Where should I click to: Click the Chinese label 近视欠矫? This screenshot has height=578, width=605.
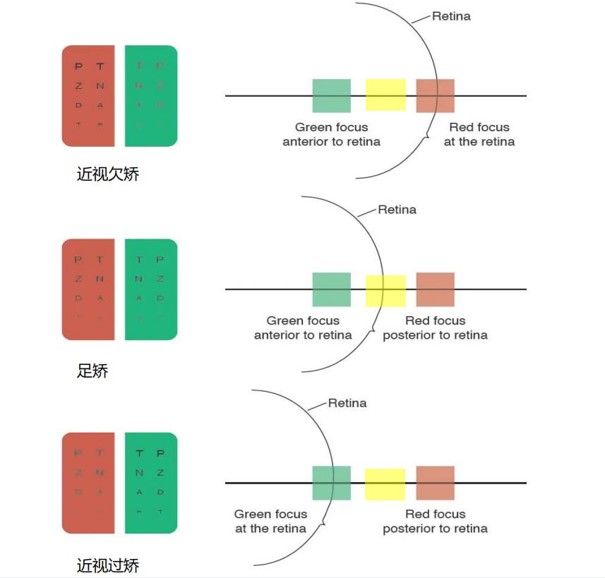pos(108,174)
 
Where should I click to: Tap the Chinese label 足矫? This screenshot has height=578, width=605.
pos(92,370)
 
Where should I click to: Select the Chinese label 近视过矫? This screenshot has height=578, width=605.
pos(108,565)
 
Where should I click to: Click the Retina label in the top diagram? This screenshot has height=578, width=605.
pos(450,16)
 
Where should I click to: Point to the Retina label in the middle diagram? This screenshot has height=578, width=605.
pos(397,210)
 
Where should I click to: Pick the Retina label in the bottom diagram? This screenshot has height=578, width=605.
pos(347,403)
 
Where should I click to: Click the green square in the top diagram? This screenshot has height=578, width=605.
pos(331,96)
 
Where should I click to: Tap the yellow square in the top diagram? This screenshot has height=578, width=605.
pos(385,95)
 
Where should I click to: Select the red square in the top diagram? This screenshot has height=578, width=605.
pos(435,96)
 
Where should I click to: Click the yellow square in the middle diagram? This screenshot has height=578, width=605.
pos(385,291)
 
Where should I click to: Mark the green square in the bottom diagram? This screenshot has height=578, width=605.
pos(331,483)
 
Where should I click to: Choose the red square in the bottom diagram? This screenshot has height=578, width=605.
pos(435,483)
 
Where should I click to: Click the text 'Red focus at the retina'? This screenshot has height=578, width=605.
pos(479,134)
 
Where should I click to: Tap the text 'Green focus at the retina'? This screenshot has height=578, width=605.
pos(270,521)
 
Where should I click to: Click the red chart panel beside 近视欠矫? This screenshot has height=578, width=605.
pos(88,96)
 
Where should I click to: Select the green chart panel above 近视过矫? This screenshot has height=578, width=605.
pos(150,483)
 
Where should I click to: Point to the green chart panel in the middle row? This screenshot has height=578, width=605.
pos(150,289)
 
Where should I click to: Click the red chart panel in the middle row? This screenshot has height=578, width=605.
pos(88,289)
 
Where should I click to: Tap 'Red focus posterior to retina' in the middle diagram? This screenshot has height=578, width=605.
pos(435,327)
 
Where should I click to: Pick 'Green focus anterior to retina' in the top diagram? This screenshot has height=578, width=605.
pos(331,134)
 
